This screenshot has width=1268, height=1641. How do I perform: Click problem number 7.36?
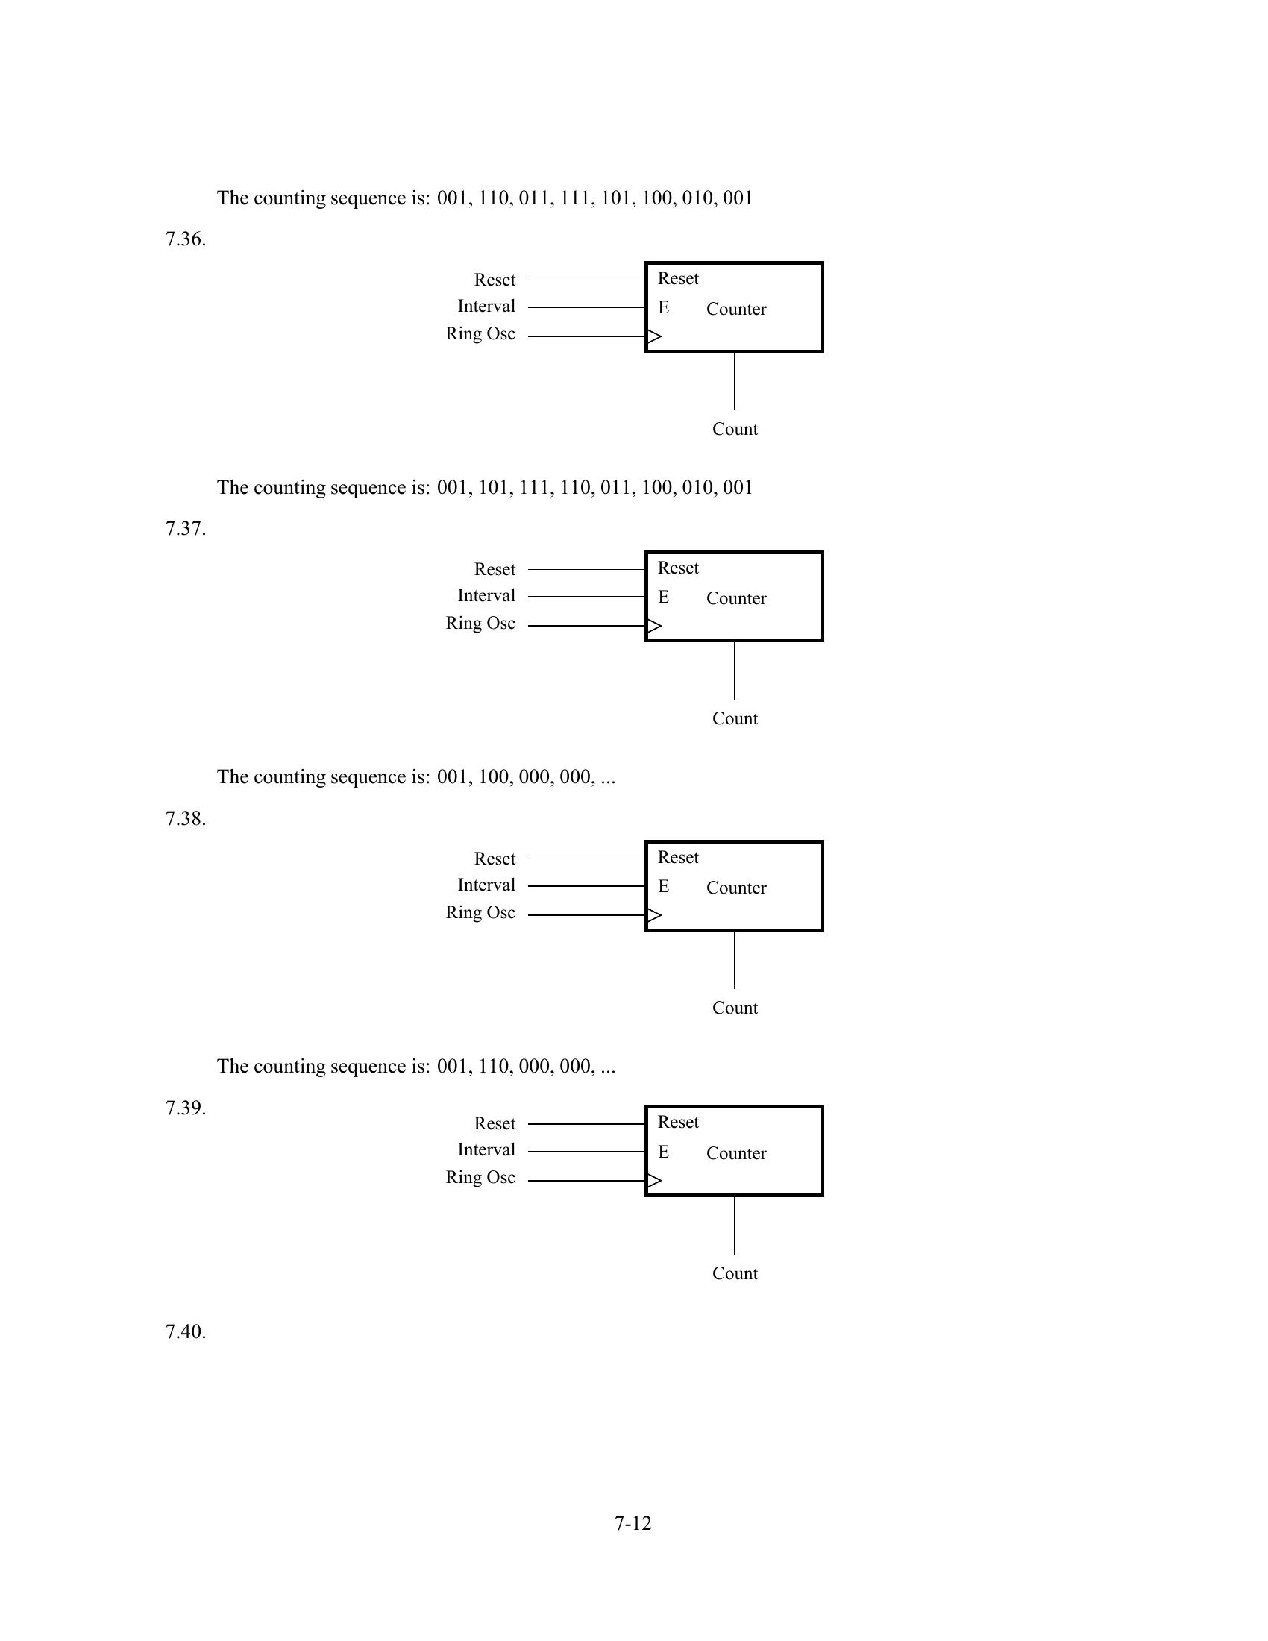pyautogui.click(x=186, y=239)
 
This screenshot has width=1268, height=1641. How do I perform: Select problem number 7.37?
pyautogui.click(x=186, y=529)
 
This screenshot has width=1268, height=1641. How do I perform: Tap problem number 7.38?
pyautogui.click(x=186, y=818)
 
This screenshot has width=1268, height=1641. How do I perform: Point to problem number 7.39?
pyautogui.click(x=186, y=1108)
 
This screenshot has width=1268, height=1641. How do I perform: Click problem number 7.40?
pyautogui.click(x=186, y=1331)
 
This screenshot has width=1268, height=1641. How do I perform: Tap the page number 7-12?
pyautogui.click(x=633, y=1523)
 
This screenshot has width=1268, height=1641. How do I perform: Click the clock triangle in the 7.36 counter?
pyautogui.click(x=654, y=336)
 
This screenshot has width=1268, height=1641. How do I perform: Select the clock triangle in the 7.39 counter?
pyautogui.click(x=654, y=1181)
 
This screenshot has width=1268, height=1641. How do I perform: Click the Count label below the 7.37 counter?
pyautogui.click(x=735, y=719)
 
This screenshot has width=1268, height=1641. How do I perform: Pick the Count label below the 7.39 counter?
pyautogui.click(x=735, y=1273)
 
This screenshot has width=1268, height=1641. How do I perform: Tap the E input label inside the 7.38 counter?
pyautogui.click(x=663, y=887)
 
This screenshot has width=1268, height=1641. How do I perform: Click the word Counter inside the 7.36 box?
pyautogui.click(x=736, y=310)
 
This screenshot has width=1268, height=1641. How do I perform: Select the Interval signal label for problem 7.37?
pyautogui.click(x=486, y=596)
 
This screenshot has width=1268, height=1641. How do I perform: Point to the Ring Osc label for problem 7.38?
pyautogui.click(x=480, y=913)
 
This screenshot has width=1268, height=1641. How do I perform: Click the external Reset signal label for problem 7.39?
pyautogui.click(x=495, y=1123)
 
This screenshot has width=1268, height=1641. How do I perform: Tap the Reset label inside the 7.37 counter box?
pyautogui.click(x=677, y=568)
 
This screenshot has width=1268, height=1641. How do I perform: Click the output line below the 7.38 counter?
pyautogui.click(x=734, y=960)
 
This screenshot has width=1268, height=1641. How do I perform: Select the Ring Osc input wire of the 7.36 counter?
pyautogui.click(x=586, y=336)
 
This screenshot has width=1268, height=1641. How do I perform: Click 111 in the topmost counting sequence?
pyautogui.click(x=574, y=198)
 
